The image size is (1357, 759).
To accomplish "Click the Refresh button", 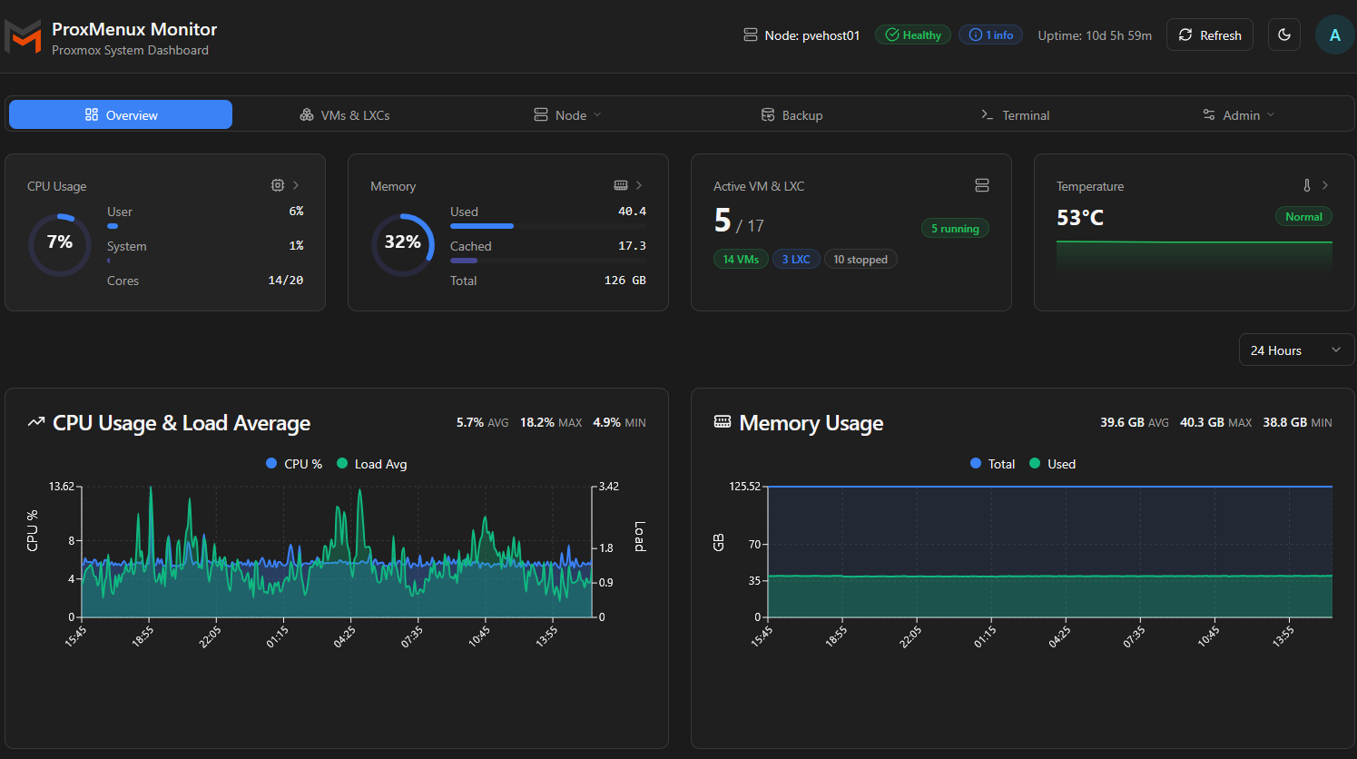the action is coord(1209,35).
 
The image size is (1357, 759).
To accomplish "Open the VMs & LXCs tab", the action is coord(345,115).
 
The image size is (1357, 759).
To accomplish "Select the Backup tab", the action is coord(792,115).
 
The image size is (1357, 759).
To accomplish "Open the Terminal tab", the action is coord(1015,115).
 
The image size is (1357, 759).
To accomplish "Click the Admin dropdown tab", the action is coord(1238,115).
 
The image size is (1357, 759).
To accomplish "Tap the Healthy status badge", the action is coord(913,35).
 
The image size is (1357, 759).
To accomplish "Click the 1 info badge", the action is coord(990,35).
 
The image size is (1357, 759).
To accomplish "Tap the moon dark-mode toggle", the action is coord(1284,35).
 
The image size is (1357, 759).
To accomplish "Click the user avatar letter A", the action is coord(1334,35).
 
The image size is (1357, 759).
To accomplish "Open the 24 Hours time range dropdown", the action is coord(1296,350).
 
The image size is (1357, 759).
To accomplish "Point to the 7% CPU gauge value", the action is coord(60,242).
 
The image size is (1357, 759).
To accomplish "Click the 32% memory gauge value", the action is coord(402,242).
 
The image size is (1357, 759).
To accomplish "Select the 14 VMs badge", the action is coord(741,260).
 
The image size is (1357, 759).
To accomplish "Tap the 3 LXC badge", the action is coord(796,260).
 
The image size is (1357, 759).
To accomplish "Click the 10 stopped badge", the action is coord(860,260).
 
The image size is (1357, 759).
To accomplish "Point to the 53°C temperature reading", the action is coord(1080,218).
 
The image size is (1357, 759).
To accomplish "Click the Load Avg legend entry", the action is coord(372,464).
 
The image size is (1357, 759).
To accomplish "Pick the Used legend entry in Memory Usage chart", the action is coord(1053,464).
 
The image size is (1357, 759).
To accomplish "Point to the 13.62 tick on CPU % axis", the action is coord(62,487).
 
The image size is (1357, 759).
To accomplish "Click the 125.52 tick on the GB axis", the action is coord(744,487).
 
